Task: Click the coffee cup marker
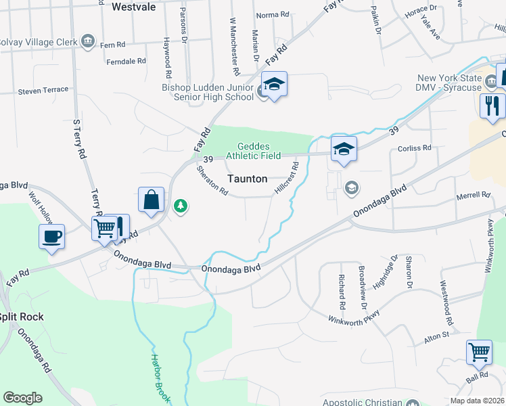click(x=51, y=236)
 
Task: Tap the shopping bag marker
click(x=151, y=200)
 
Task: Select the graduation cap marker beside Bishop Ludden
click(x=274, y=84)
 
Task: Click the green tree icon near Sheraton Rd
click(x=180, y=206)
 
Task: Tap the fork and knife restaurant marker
click(x=492, y=106)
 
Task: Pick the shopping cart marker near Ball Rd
click(x=479, y=352)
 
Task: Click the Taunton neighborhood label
click(x=247, y=179)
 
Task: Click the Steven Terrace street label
click(x=43, y=90)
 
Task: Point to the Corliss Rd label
click(x=415, y=148)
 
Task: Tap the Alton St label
click(x=436, y=335)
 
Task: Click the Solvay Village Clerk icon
click(x=87, y=41)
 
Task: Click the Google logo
click(x=22, y=398)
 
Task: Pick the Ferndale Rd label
click(x=127, y=61)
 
